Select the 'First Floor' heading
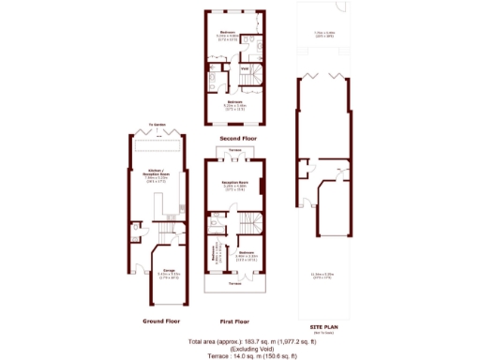point(233,321)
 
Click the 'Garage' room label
point(170,274)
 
